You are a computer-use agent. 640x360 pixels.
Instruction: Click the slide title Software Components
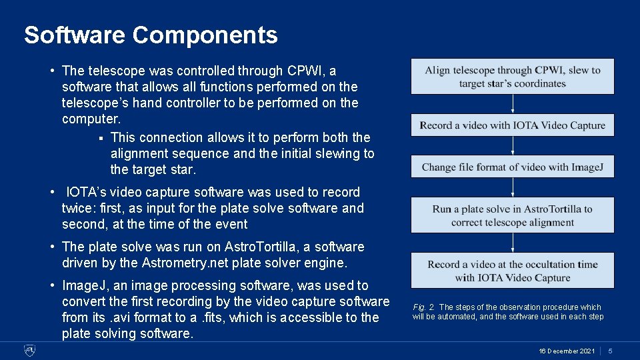pyautogui.click(x=151, y=35)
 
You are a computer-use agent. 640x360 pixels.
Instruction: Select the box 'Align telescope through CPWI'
pyautogui.click(x=512, y=77)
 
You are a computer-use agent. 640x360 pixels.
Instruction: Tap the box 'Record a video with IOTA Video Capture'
pyautogui.click(x=512, y=125)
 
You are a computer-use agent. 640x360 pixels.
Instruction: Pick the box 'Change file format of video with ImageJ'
pyautogui.click(x=512, y=167)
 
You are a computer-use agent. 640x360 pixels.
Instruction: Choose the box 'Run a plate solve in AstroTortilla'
pyautogui.click(x=512, y=215)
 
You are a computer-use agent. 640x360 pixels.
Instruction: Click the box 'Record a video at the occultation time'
pyautogui.click(x=512, y=271)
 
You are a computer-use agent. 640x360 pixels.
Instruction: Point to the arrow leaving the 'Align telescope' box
pyautogui.click(x=513, y=104)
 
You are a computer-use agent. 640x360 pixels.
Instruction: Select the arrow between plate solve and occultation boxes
pyautogui.click(x=513, y=243)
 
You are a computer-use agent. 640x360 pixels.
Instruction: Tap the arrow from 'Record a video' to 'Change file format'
pyautogui.click(x=513, y=146)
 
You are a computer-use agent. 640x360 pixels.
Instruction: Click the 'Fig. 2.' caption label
pyautogui.click(x=424, y=307)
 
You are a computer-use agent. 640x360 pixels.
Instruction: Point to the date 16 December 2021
pyautogui.click(x=567, y=351)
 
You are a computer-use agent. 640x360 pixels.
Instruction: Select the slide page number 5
pyautogui.click(x=610, y=351)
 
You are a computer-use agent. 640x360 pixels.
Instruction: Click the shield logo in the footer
pyautogui.click(x=30, y=350)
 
